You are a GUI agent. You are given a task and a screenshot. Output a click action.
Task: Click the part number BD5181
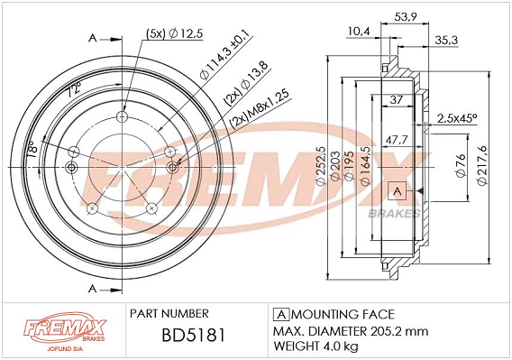pyautogui.click(x=194, y=335)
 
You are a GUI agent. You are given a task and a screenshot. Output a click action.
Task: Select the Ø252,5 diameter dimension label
pyautogui.click(x=321, y=166)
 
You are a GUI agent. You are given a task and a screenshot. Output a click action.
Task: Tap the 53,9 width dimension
pyautogui.click(x=406, y=16)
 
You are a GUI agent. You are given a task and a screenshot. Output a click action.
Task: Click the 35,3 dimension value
pyautogui.click(x=446, y=41)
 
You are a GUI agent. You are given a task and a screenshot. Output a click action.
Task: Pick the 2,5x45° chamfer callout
pyautogui.click(x=457, y=118)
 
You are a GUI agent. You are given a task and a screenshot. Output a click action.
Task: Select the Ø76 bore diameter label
pyautogui.click(x=461, y=165)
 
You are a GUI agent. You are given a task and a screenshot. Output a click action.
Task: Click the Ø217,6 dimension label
pyautogui.click(x=482, y=166)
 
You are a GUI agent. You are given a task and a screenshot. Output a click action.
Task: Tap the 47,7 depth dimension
pyautogui.click(x=397, y=140)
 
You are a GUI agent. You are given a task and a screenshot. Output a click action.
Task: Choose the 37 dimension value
pyautogui.click(x=397, y=99)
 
